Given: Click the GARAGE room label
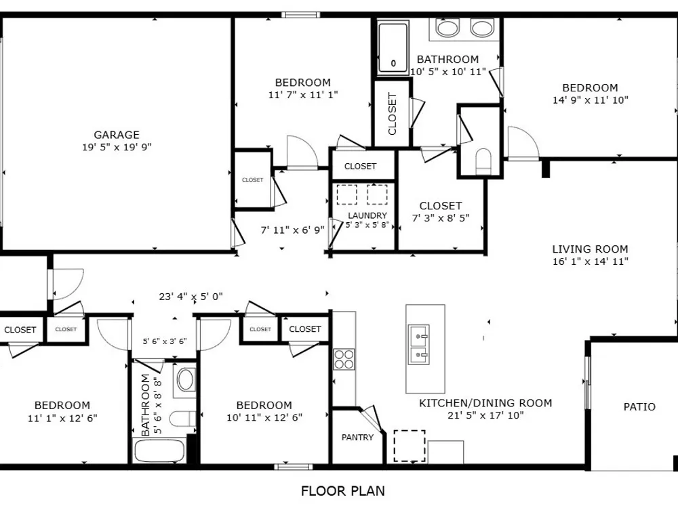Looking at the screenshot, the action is point(117,135).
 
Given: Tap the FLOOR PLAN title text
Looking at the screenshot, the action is point(343,491).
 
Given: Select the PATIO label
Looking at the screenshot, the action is point(639,406).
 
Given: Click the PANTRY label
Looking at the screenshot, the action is point(357,438).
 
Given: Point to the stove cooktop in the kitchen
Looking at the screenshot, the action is point(344,359).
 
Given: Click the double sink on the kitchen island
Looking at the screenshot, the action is point(419,345).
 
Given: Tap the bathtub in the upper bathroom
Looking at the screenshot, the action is point(393,47).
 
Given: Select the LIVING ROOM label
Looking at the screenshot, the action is point(591,249).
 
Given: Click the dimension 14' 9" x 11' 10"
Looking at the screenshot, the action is point(591,100).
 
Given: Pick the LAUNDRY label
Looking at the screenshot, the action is point(367,215).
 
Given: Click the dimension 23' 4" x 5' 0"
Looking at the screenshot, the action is point(191,297).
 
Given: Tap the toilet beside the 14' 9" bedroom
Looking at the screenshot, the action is point(483,161).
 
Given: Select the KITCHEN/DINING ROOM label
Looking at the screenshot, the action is point(485,403).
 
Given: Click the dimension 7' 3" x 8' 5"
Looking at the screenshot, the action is point(441,218).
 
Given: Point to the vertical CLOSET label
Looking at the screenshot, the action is point(393,114).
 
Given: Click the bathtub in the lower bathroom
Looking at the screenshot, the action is point(159,451).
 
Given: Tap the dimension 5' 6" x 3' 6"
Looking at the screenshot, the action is point(165,341).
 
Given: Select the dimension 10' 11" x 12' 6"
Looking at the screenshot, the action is point(264,418).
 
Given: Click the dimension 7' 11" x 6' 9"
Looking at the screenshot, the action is point(293,230).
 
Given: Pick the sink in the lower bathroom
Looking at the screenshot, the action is point(186,380).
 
